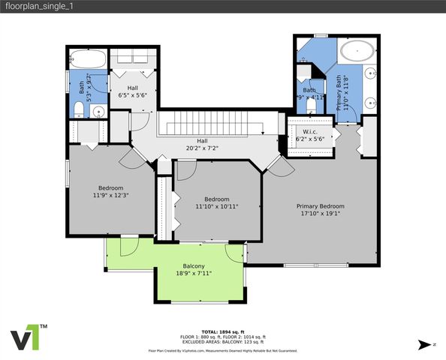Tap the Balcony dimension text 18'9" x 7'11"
pos(193,274)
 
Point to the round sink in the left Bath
pos(98,112)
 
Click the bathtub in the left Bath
pos(86,58)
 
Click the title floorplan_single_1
pos(38,7)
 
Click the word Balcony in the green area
pos(193,266)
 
